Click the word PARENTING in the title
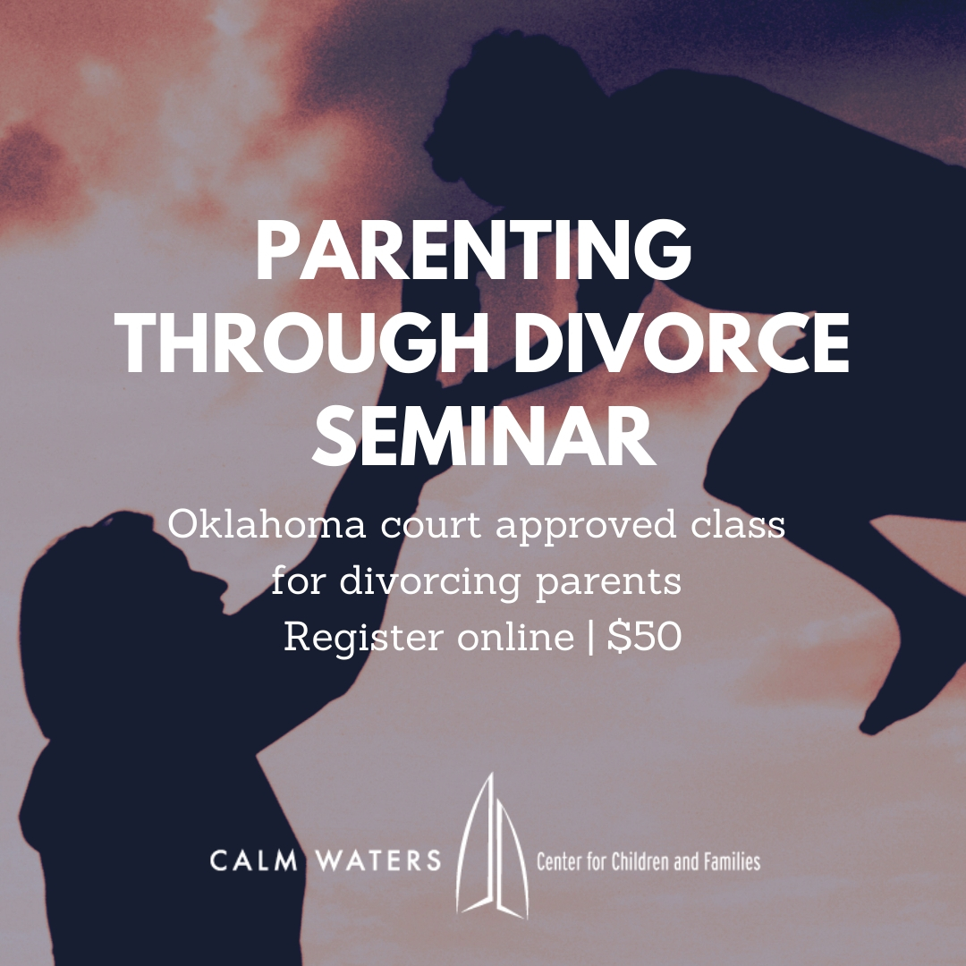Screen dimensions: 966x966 click(473, 250)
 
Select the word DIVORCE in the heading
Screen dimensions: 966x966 click(682, 343)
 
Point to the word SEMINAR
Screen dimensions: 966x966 click(484, 435)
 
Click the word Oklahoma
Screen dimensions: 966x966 click(267, 525)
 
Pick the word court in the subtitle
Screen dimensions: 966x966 click(430, 526)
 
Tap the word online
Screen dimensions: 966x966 click(516, 637)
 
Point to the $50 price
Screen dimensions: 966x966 click(644, 637)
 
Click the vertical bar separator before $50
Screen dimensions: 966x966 click(591, 637)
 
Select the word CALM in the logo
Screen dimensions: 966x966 click(253, 860)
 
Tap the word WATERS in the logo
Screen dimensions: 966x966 click(378, 860)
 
